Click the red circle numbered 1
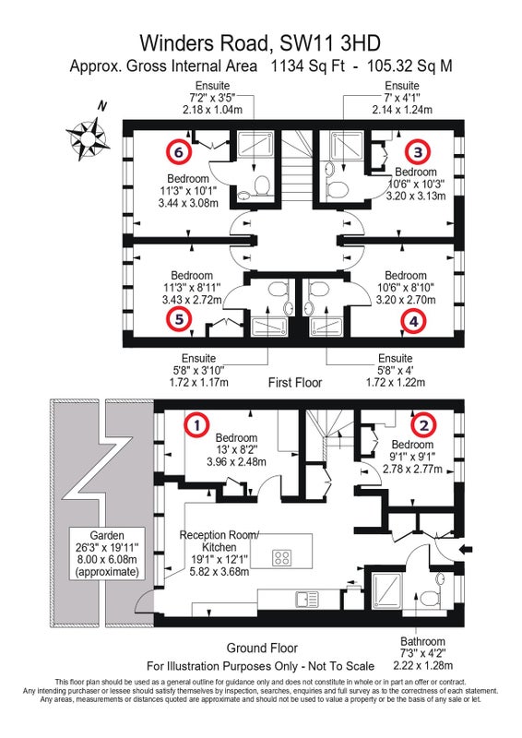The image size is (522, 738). tap(196, 424)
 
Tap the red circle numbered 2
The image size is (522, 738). tap(424, 425)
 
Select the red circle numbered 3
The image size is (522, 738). tap(418, 151)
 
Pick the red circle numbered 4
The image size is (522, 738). tap(414, 321)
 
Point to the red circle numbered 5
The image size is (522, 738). tap(179, 319)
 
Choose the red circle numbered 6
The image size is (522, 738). tap(178, 151)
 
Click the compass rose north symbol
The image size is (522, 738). tap(88, 137)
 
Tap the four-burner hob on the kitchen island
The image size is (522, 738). tap(281, 558)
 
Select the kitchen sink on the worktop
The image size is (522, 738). tap(307, 599)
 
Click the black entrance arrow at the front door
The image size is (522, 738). tap(466, 549)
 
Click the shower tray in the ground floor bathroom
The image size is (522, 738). tap(387, 590)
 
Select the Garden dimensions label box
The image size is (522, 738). tap(107, 553)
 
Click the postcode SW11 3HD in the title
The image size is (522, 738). tap(330, 43)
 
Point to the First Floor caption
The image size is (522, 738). tap(295, 382)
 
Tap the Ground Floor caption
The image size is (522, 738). tap(262, 649)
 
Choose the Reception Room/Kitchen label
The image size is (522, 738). tap(219, 542)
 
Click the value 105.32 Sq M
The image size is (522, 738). tap(409, 65)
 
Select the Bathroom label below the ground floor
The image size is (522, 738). tap(422, 641)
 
